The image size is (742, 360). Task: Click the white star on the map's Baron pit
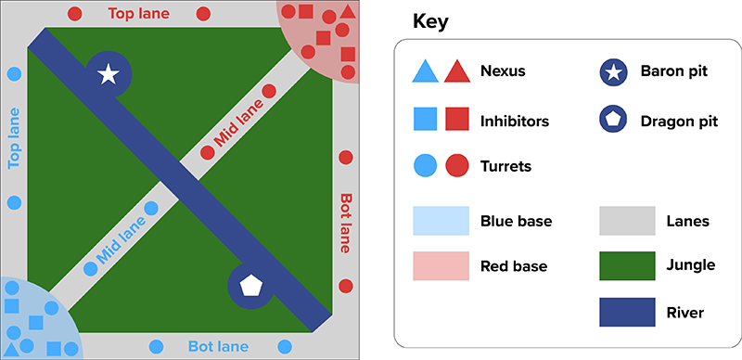tap(108, 74)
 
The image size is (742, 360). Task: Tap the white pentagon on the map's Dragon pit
tap(249, 285)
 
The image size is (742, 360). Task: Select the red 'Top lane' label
tap(136, 13)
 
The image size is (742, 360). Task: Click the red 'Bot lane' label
tap(346, 223)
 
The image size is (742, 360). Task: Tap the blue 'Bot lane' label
tap(218, 347)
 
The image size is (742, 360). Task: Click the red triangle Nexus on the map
tap(347, 12)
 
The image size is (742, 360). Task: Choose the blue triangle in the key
tap(424, 71)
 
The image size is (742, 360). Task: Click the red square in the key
tap(456, 119)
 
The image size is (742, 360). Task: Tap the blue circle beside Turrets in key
tap(424, 166)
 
